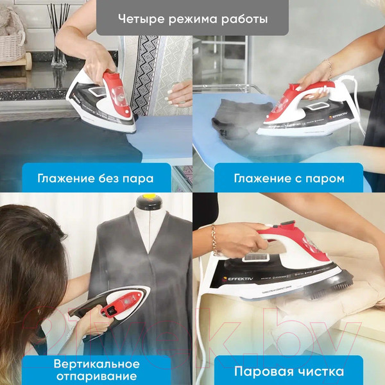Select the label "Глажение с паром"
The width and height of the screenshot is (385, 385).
click(289, 178)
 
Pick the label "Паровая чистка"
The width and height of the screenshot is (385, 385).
click(289, 371)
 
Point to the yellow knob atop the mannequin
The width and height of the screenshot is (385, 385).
click(148, 198)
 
